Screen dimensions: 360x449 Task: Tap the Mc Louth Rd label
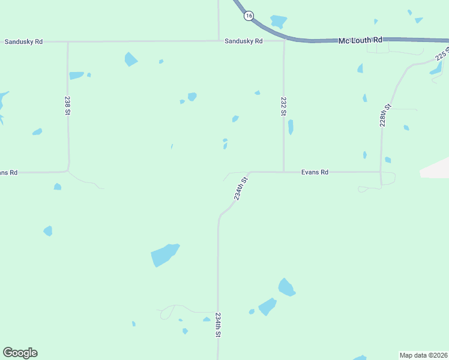click(360, 40)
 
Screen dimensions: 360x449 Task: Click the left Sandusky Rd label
click(23, 42)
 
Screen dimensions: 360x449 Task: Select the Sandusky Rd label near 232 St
click(244, 41)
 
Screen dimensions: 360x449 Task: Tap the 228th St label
click(385, 115)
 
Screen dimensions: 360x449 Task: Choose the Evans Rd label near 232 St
click(315, 172)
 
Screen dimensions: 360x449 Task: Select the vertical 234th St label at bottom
click(218, 325)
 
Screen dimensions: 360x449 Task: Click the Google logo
click(20, 353)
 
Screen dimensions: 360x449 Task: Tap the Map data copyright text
click(423, 355)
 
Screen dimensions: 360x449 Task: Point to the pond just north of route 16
click(278, 22)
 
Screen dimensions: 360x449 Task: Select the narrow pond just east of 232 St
click(291, 127)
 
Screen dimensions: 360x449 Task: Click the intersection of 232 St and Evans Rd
click(284, 172)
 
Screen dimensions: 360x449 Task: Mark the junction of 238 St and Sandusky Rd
click(68, 42)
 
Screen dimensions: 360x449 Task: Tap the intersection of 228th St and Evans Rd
click(381, 172)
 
